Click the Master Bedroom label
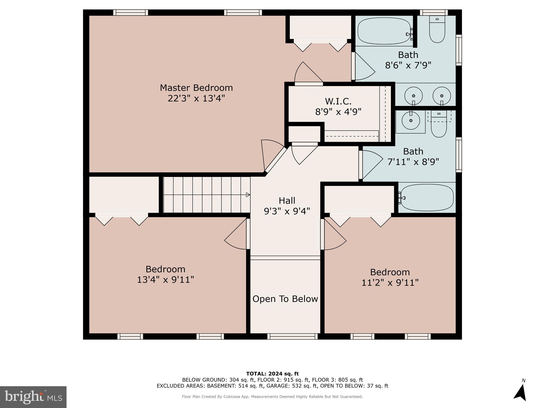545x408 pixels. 196,88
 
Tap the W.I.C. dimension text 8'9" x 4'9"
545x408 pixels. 338,112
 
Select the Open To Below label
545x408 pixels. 285,299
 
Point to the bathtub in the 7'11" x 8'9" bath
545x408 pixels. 427,198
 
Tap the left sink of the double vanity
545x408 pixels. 413,96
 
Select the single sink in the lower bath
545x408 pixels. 411,121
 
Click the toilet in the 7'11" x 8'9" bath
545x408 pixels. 439,126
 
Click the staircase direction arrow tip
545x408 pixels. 248,195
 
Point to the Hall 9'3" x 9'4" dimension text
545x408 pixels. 287,211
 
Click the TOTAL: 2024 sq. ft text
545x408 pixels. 272,374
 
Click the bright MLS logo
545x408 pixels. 33,397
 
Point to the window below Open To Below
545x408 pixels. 292,336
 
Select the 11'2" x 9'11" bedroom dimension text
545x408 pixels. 390,282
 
